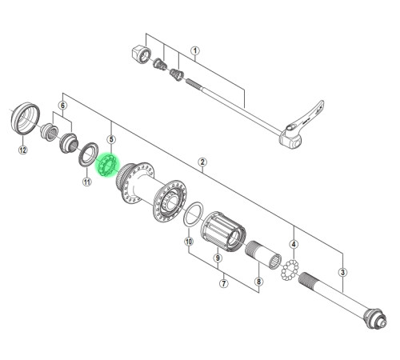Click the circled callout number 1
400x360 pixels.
[195, 50]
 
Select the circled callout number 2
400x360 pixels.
[202, 162]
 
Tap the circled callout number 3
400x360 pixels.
[342, 272]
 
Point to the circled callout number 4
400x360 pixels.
[294, 244]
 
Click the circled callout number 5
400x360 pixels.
[111, 139]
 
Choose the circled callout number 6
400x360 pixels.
[62, 106]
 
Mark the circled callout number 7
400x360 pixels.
[224, 283]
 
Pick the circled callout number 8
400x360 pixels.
[258, 282]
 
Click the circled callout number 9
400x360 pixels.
[218, 258]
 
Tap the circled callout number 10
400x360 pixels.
[189, 242]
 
